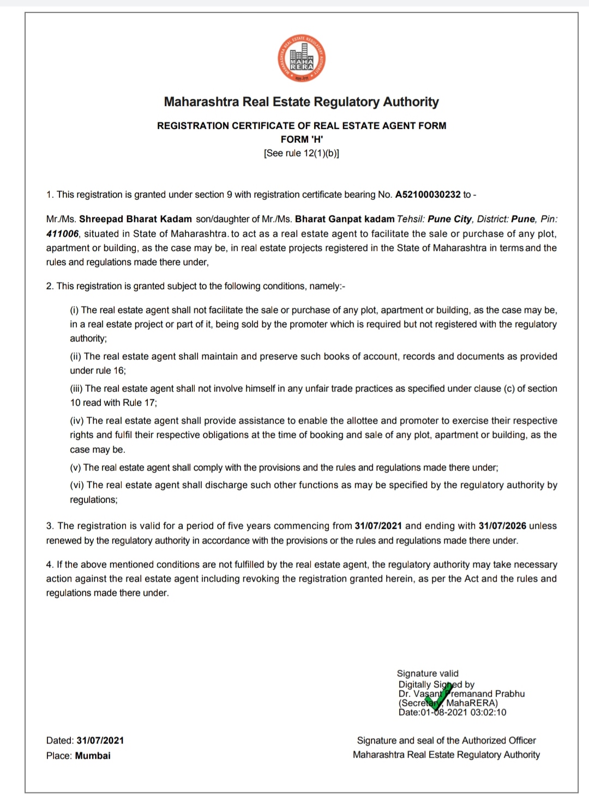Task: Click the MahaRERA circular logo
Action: (302, 59)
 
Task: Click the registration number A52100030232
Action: (428, 195)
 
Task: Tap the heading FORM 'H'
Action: (302, 139)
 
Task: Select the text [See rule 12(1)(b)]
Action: (302, 153)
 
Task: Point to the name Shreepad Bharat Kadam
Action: (135, 219)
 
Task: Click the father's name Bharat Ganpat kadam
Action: (345, 219)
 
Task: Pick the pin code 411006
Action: (62, 234)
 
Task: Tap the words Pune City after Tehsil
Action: (449, 219)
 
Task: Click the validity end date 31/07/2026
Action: (502, 526)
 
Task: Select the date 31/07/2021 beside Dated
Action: (100, 740)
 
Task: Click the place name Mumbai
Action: (93, 756)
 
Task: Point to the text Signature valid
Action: (428, 673)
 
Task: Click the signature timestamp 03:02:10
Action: (489, 712)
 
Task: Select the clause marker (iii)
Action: (76, 388)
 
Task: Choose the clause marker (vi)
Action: (77, 485)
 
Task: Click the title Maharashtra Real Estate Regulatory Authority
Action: (302, 102)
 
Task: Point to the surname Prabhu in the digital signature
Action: (510, 694)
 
